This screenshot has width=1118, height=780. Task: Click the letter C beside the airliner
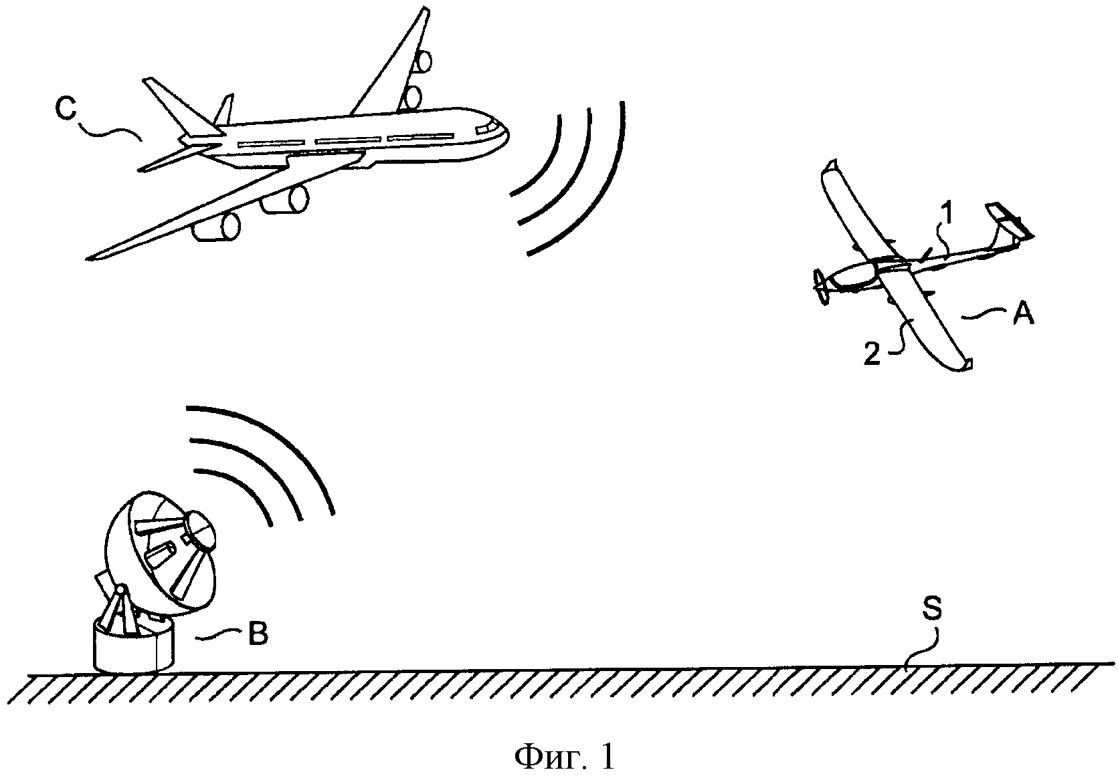coord(66,108)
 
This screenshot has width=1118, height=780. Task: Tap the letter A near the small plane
coord(1023,314)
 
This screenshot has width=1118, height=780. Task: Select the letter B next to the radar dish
coord(258,634)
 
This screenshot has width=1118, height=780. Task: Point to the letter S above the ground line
coord(931,609)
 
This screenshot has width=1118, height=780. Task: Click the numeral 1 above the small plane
coord(948,213)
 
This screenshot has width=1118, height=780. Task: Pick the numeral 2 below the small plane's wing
coord(872,355)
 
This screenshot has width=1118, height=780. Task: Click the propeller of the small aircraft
coord(820,288)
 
